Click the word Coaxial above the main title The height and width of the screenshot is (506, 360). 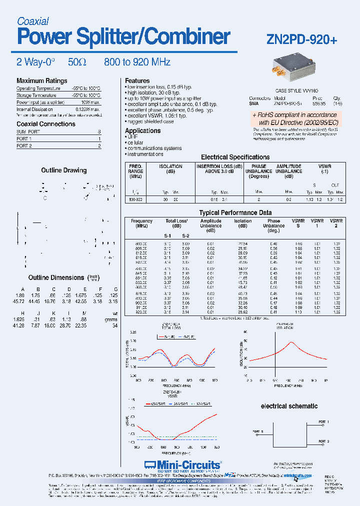[x=32, y=21]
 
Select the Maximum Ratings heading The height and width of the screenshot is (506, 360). [x=41, y=81]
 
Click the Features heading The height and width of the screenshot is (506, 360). [x=137, y=81]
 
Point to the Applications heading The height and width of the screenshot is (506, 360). [x=142, y=131]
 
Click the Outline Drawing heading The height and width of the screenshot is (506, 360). [x=63, y=170]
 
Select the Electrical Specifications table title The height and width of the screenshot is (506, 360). [x=235, y=157]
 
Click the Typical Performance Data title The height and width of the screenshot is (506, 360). [x=235, y=213]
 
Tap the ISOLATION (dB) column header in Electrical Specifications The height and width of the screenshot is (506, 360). [x=170, y=169]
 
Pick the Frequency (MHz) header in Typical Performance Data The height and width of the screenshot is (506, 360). [x=141, y=223]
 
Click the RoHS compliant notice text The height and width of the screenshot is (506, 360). [x=294, y=118]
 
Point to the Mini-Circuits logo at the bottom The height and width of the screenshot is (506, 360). [x=182, y=464]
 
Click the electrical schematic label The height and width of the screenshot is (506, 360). [x=289, y=406]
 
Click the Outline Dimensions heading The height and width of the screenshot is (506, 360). [x=56, y=277]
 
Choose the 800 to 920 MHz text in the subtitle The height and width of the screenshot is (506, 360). [x=137, y=62]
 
